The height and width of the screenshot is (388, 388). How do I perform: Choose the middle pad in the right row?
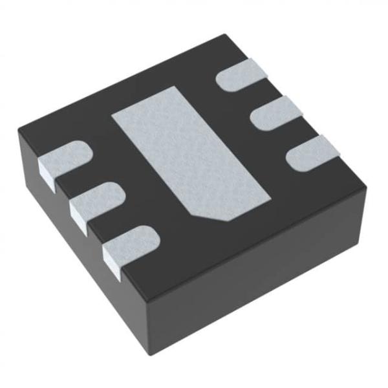point(274,116)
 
